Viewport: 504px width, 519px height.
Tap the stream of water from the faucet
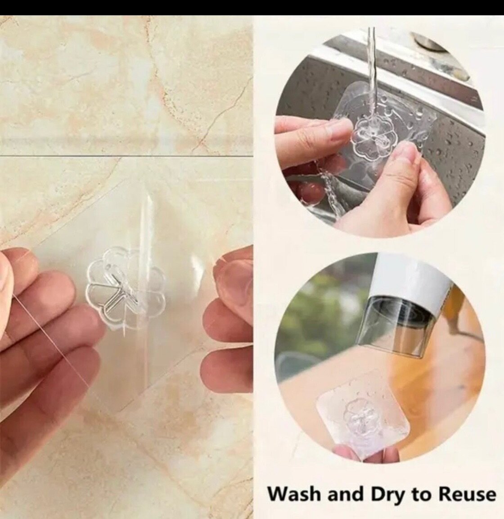[x=373, y=83]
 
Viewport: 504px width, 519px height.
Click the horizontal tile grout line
[x=126, y=156]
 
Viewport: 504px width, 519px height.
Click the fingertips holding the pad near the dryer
[x=344, y=452]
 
